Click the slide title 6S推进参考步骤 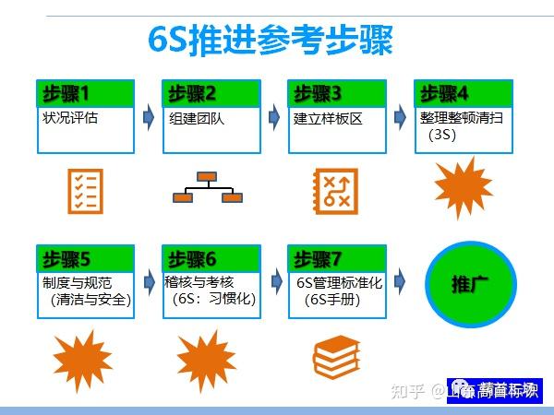[x=271, y=41]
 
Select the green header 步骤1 [x=85, y=93]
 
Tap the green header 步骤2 [x=211, y=93]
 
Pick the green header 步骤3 [x=336, y=93]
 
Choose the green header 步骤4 [x=462, y=93]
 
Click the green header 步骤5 [x=85, y=258]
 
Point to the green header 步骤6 [x=211, y=258]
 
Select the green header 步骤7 [x=336, y=258]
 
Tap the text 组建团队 [x=197, y=118]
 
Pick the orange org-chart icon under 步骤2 [x=208, y=186]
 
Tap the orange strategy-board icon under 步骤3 [x=334, y=189]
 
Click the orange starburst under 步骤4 [x=463, y=187]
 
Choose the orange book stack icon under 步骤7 [x=334, y=354]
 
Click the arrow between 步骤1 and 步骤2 [x=149, y=117]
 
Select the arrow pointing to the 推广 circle [x=400, y=279]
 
